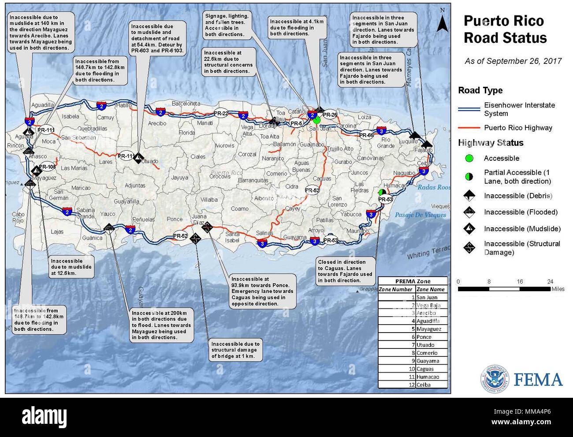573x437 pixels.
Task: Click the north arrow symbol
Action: [442, 22]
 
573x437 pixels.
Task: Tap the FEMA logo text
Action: [538, 380]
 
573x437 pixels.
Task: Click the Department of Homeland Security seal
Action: [494, 379]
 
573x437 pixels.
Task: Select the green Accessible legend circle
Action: [469, 158]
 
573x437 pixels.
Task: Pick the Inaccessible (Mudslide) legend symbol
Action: [469, 229]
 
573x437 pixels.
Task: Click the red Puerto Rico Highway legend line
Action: [469, 128]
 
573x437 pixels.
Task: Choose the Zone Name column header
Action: [431, 289]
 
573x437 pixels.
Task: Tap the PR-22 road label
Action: [221, 113]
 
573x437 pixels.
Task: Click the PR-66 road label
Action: [366, 135]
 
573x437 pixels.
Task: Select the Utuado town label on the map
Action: [150, 161]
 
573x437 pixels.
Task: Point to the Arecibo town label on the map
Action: [157, 123]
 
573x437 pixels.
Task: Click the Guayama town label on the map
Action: [294, 237]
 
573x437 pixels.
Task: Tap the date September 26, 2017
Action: [513, 61]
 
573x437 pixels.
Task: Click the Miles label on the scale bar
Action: [558, 289]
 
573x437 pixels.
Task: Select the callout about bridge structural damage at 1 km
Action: [235, 350]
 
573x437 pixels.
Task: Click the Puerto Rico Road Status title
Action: [505, 30]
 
